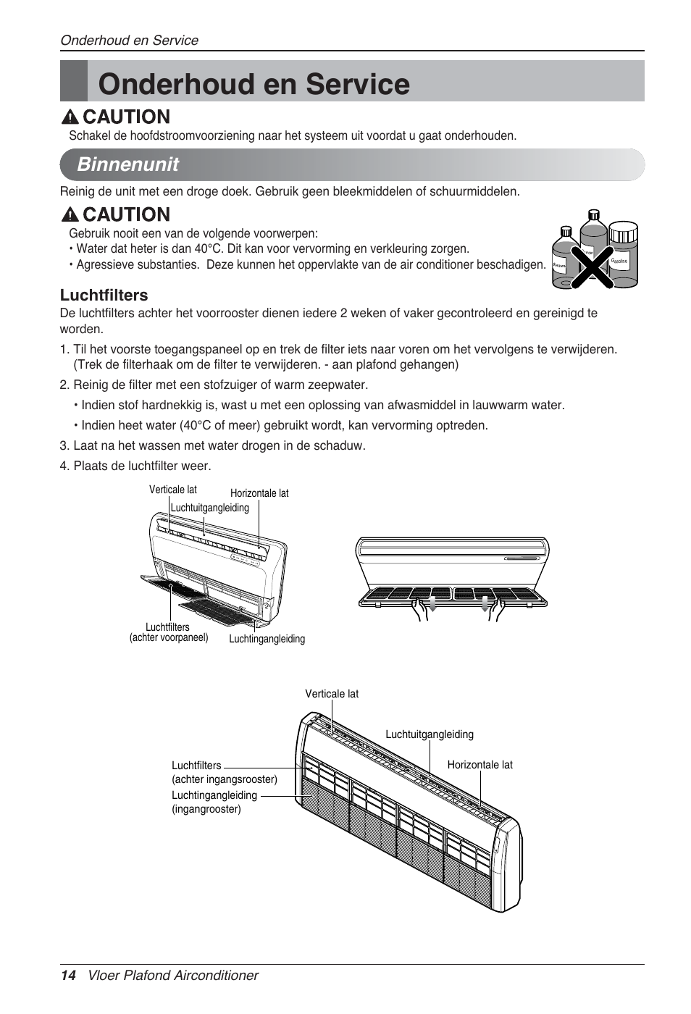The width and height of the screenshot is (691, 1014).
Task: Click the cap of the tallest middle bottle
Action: coord(594,215)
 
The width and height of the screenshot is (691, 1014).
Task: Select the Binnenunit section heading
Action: coord(128,164)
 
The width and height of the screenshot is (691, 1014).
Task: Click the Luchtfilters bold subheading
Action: coord(104,296)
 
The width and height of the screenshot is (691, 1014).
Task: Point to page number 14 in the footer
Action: coord(68,976)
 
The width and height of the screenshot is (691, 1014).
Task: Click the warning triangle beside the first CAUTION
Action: coord(70,117)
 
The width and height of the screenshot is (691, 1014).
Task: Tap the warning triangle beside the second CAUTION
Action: coord(70,215)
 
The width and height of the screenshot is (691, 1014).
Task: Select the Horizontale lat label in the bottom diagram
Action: coord(479,765)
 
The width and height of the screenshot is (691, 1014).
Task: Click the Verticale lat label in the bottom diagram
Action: coord(332,694)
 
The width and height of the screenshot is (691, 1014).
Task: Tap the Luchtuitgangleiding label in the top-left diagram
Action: coord(209,508)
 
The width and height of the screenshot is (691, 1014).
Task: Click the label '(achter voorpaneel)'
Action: coord(169,638)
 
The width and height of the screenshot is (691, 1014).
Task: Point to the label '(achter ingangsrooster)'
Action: coord(225,779)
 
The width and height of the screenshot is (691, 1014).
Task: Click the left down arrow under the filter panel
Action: coord(432,605)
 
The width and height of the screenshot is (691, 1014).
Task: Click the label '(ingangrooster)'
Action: coord(206,809)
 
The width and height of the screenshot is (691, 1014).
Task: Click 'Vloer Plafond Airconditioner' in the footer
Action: coord(173,976)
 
